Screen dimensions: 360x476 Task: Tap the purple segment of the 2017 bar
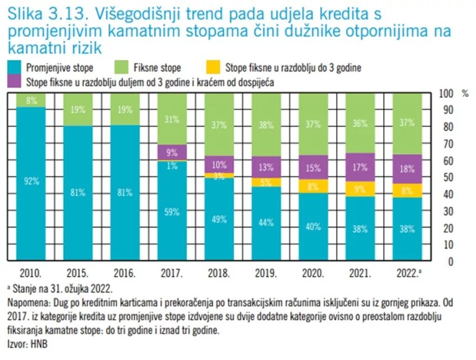(172, 152)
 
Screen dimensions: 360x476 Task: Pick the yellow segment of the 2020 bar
(313, 186)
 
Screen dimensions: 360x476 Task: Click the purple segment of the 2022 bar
(407, 169)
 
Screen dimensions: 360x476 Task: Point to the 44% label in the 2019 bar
(265, 222)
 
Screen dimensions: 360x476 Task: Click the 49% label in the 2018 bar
(218, 219)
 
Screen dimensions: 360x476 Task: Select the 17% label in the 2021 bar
(359, 167)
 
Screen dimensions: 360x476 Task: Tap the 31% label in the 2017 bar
(172, 119)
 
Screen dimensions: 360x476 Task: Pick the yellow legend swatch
(212, 67)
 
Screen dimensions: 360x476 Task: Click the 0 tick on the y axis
(450, 261)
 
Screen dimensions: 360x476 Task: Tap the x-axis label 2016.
(125, 273)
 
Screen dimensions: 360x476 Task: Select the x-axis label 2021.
(359, 273)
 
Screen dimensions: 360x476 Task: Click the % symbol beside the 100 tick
(465, 93)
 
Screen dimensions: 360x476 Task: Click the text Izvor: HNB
(27, 344)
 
